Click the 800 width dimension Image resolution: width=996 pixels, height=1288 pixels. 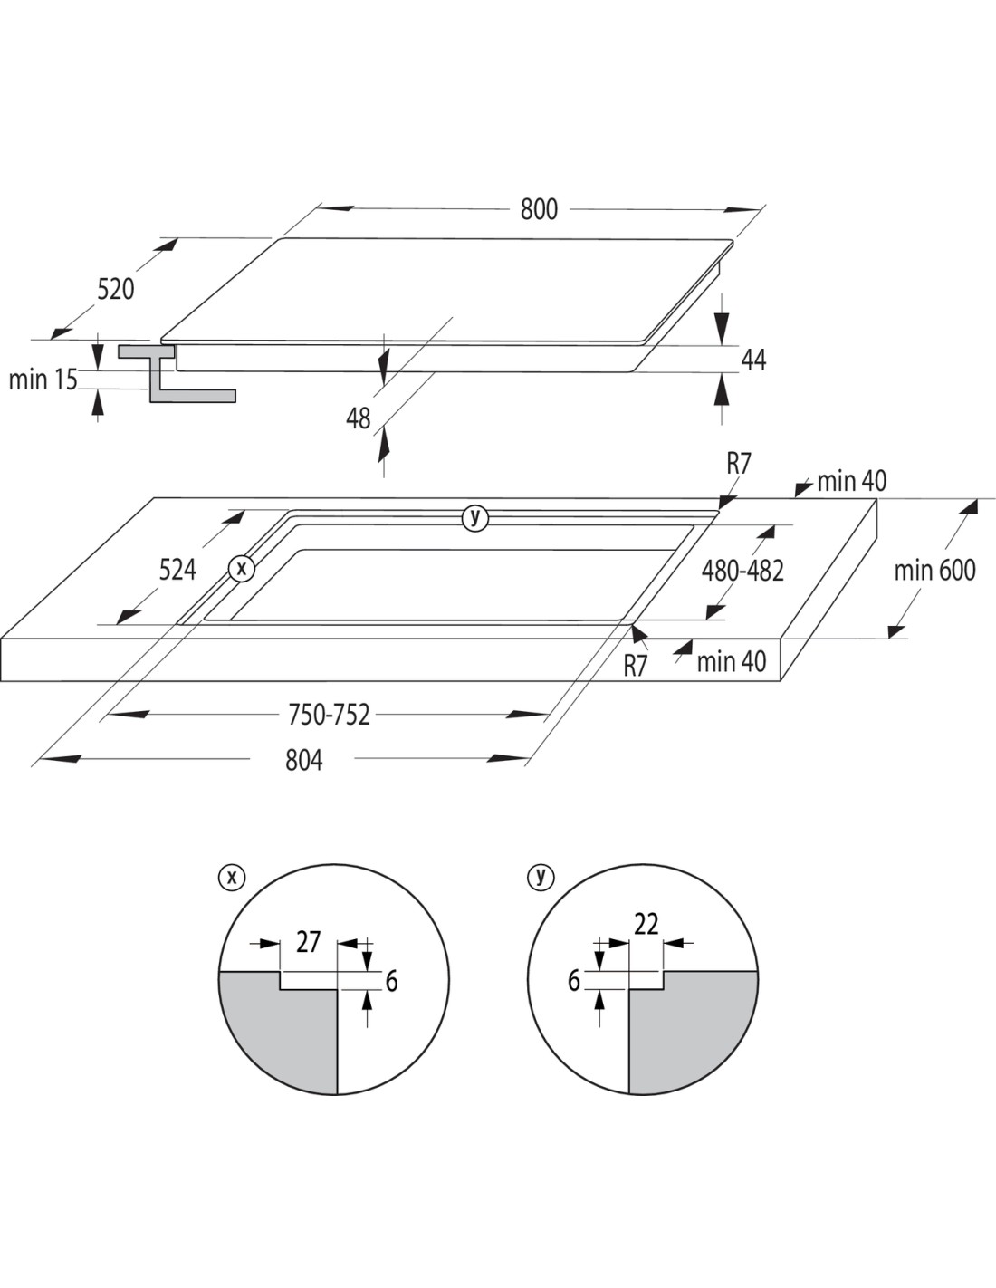539,210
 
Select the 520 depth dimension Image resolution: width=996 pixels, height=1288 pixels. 116,289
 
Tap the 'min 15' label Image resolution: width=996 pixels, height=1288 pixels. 43,380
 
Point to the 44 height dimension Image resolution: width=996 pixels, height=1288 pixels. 753,360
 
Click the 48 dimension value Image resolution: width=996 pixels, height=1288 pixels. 359,418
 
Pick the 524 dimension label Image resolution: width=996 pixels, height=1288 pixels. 177,570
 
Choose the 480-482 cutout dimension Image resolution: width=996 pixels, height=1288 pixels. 742,571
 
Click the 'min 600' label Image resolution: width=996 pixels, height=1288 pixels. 934,571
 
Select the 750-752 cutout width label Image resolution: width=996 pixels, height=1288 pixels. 329,715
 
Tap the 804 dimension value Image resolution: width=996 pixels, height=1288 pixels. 304,761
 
